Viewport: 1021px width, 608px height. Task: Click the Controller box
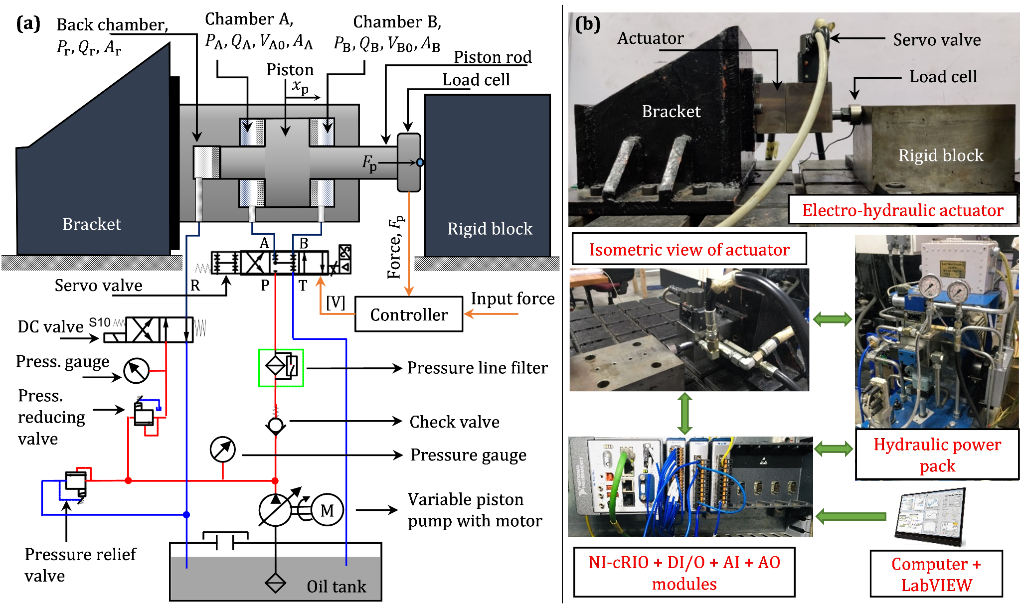coord(408,314)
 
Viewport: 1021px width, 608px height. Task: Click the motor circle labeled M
coord(327,510)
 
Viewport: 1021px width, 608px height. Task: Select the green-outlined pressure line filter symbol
coord(281,368)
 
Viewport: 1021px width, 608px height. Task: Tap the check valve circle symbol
coord(275,425)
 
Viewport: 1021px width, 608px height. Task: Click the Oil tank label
coord(336,586)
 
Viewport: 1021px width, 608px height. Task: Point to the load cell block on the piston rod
coord(408,162)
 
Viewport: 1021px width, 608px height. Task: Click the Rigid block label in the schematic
coord(490,229)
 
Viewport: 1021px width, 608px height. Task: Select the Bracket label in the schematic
coord(92,224)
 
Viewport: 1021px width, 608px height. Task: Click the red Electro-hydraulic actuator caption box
coord(902,210)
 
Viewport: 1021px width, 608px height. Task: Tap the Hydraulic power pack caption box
coord(937,455)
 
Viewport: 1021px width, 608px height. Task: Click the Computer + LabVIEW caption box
coord(936,574)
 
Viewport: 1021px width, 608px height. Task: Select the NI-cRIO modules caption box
coord(684,573)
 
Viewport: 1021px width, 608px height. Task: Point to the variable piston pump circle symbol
coord(275,510)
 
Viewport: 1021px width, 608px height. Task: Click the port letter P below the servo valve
coord(265,286)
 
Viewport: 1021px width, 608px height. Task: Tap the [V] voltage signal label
coord(336,302)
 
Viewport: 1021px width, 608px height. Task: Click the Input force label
coord(512,299)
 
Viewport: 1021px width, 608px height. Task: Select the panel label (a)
coord(28,23)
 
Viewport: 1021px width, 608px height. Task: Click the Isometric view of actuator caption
coord(689,249)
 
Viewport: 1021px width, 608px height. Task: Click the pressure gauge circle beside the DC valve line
coord(136,371)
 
